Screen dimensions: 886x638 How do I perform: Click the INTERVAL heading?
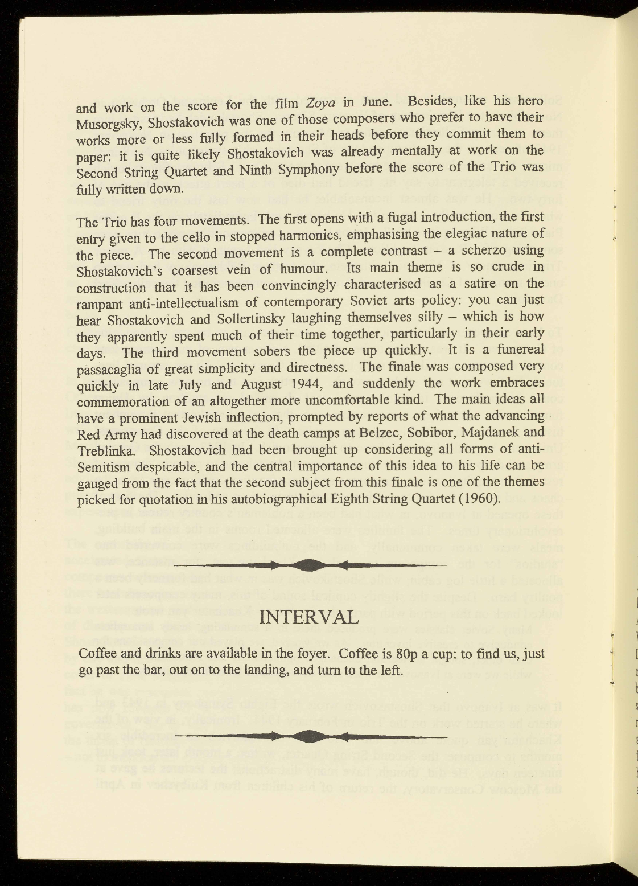309,617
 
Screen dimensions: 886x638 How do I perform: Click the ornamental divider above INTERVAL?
310,565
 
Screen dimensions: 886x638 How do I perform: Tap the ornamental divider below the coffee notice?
310,736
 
